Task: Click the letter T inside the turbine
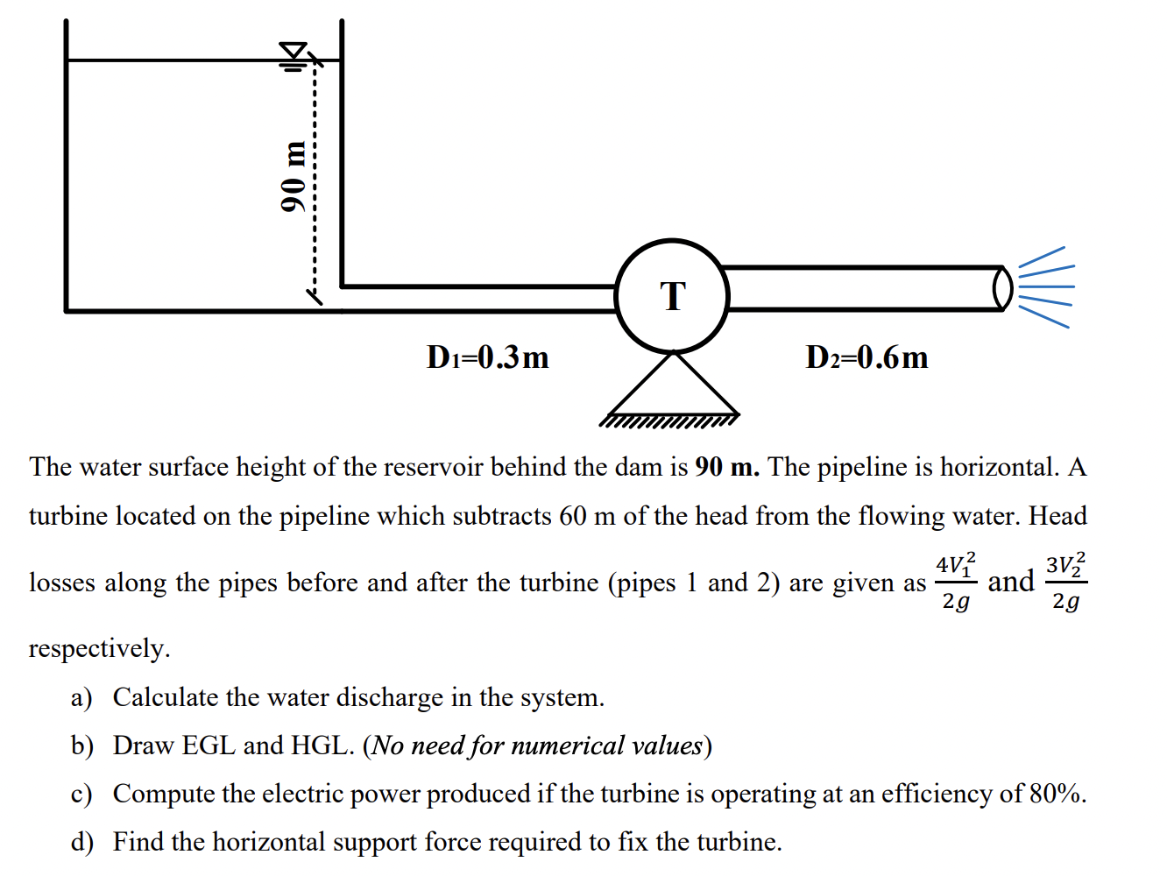tap(673, 296)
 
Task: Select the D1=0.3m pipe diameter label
tap(487, 357)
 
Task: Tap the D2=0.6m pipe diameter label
tap(866, 357)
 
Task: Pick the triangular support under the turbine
tap(673, 384)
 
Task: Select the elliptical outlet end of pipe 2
tap(1002, 288)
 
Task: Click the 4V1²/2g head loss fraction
tap(956, 582)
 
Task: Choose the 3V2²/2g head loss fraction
tap(1066, 582)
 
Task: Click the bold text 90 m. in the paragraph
tap(727, 467)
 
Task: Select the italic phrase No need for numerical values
tap(537, 745)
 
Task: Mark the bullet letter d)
tap(81, 842)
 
